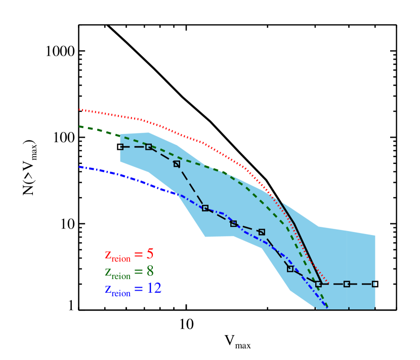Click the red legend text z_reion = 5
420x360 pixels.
point(129,255)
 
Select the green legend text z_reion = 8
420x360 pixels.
point(129,272)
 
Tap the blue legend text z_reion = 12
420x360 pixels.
point(133,289)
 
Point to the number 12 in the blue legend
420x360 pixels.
point(154,288)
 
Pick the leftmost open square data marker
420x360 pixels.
point(120,147)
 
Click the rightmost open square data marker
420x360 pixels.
point(375,284)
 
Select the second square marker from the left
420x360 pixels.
point(148,147)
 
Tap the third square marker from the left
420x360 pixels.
point(177,164)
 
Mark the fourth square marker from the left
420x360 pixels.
point(205,208)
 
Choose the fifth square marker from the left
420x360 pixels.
point(233,223)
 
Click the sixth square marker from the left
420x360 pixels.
point(262,232)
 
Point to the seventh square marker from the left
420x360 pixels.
point(290,268)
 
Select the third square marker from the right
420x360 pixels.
point(318,284)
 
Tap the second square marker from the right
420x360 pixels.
point(347,284)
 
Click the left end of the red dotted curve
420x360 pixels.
point(80,109)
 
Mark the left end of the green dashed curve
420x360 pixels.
point(80,126)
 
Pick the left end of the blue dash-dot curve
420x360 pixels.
point(80,166)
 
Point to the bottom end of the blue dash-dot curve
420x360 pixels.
point(327,307)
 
